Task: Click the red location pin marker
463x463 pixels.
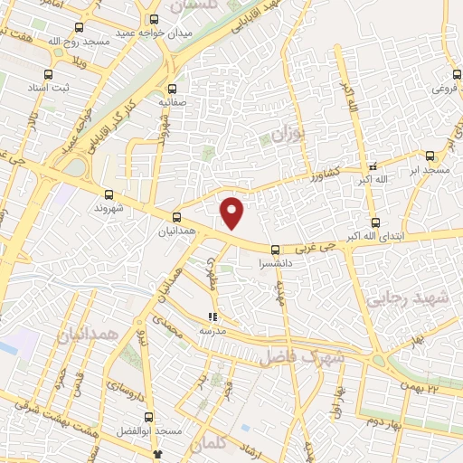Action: [x=233, y=212]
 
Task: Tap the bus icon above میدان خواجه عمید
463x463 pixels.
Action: [x=154, y=19]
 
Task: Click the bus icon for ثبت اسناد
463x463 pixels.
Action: [x=59, y=75]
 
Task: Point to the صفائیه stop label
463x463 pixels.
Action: [x=173, y=103]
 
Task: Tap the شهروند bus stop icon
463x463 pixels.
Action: [x=109, y=194]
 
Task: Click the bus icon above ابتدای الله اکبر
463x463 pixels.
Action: [x=375, y=223]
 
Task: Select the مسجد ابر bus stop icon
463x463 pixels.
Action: [x=430, y=155]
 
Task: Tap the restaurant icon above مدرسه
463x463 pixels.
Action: [x=213, y=317]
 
